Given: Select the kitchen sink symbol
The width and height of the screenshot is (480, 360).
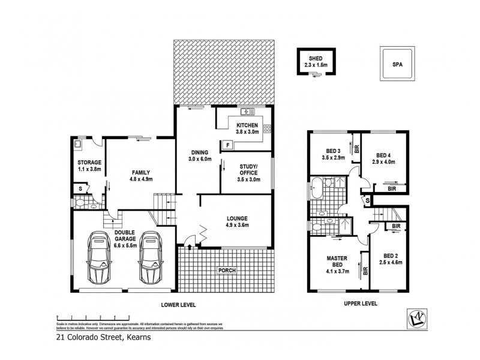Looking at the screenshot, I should [247, 112].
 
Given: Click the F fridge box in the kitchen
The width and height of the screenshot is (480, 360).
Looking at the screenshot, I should [227, 145].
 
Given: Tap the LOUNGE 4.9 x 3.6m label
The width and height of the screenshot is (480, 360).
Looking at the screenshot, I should [236, 221].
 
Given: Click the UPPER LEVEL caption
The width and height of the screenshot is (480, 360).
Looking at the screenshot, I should [360, 304].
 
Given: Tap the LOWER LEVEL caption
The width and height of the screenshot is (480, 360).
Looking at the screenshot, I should [178, 304].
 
